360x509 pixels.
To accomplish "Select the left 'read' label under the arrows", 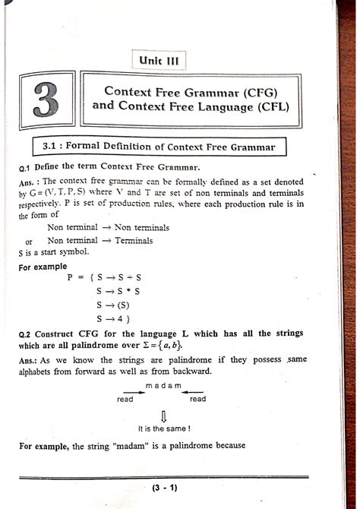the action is [125, 399].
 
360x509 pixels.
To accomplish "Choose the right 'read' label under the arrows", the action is [197, 399].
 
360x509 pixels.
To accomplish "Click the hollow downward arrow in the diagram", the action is [164, 415].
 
